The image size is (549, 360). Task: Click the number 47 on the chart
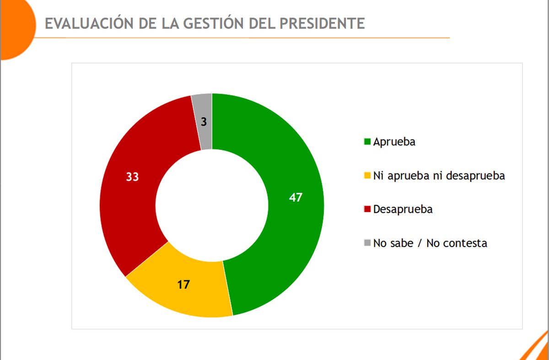point(296,198)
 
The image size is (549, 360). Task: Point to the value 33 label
point(132,177)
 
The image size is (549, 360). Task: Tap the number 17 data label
point(183,285)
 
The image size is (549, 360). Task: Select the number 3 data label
point(204,122)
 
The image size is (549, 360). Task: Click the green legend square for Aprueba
point(367,142)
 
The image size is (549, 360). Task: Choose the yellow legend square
point(367,176)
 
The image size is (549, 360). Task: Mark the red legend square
point(367,210)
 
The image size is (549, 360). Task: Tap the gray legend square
point(367,243)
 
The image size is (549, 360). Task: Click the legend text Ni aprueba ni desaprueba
point(439,176)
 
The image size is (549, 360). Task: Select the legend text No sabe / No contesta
point(430,243)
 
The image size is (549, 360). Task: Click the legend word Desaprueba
point(403,210)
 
